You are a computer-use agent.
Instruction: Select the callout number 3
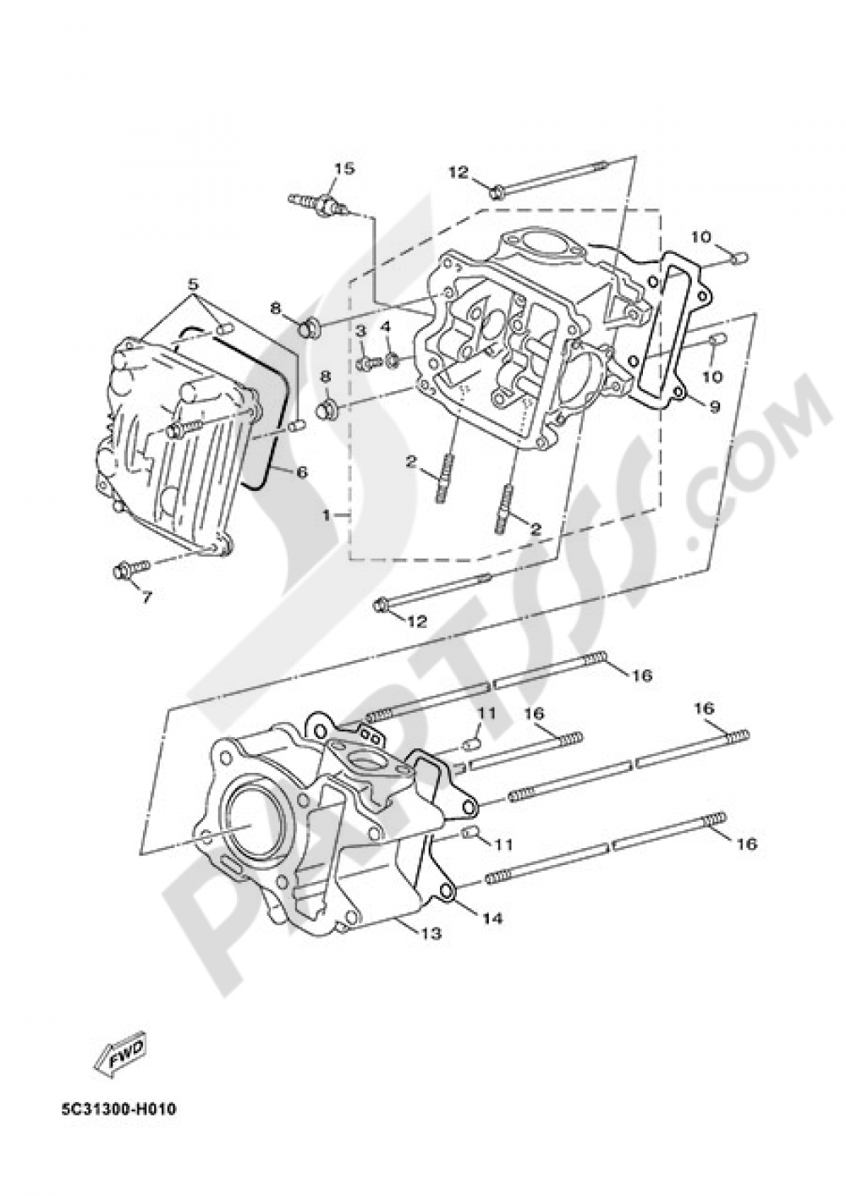[360, 328]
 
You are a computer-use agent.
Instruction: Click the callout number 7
[146, 598]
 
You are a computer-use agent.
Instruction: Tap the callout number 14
[492, 918]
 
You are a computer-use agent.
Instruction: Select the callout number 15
[343, 168]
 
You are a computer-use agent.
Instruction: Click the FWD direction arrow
[118, 1055]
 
